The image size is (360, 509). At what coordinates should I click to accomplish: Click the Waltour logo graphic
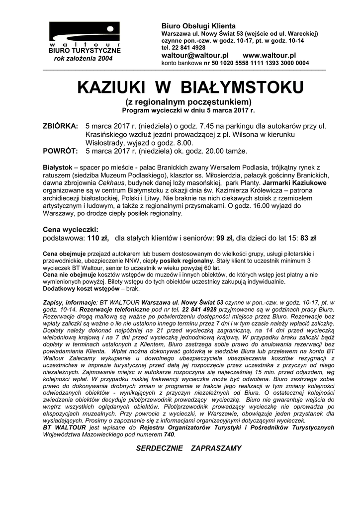point(84,33)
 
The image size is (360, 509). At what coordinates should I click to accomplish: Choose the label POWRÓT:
point(60,151)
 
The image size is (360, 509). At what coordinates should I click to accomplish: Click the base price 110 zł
point(98,238)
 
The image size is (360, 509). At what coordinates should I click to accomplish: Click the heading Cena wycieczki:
point(71,230)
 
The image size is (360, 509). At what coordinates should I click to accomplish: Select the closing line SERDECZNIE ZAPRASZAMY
point(188,448)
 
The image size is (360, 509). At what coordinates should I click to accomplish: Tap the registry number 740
point(169,434)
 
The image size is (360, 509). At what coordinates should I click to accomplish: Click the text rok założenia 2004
point(84,59)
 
